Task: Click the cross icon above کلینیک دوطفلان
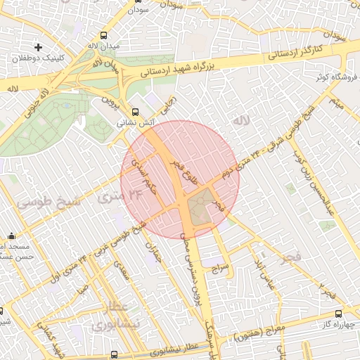click(38, 46)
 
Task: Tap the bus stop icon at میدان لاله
click(105, 34)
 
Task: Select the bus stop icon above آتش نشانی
click(136, 110)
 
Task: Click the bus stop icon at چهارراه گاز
click(339, 314)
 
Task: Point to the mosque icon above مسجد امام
click(11, 236)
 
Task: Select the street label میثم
click(337, 104)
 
